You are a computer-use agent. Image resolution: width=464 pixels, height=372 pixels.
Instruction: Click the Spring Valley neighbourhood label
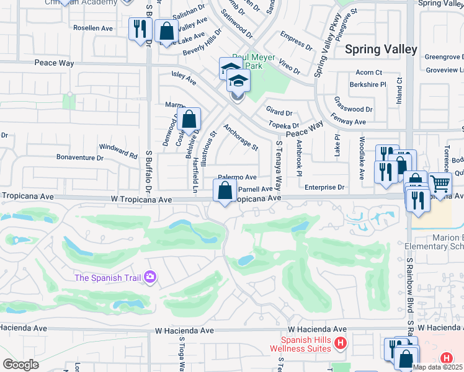click(381, 49)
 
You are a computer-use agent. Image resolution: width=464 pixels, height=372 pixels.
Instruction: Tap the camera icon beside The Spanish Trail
click(149, 277)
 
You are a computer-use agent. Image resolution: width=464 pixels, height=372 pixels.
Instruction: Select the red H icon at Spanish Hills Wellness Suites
click(339, 342)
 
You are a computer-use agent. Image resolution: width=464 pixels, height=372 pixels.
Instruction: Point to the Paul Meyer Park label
click(254, 61)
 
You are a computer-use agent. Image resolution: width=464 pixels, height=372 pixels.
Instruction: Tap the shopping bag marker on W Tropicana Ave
click(225, 190)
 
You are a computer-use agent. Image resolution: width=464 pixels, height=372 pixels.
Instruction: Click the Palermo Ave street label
click(237, 177)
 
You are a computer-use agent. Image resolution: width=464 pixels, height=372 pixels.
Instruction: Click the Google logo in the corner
click(20, 365)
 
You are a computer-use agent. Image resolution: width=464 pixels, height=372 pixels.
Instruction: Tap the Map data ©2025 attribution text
click(437, 367)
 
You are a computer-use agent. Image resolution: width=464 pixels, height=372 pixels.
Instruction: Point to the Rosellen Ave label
click(92, 28)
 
